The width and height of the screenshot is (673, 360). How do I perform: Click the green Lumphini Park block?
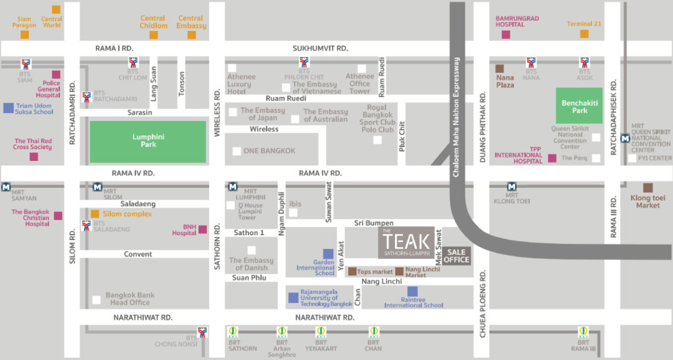[148, 140]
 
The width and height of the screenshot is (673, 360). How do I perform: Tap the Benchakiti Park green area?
[579, 106]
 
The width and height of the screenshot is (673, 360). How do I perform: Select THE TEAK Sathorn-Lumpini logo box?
[406, 242]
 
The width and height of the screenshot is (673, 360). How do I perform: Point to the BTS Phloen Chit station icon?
[304, 64]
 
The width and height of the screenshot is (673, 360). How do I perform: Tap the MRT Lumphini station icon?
[233, 187]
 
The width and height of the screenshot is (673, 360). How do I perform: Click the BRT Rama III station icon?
[583, 331]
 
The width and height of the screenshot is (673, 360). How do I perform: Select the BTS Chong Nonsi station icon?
[202, 332]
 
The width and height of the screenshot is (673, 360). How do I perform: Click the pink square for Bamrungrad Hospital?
[505, 34]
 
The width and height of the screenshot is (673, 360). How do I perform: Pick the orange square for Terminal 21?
[584, 34]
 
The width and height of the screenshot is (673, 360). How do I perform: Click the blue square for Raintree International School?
[412, 291]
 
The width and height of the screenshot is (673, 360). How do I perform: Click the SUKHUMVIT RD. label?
[320, 49]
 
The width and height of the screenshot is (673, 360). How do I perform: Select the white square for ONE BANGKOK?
[237, 151]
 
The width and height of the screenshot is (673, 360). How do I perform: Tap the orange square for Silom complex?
[95, 214]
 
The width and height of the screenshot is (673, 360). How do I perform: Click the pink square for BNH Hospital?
[202, 229]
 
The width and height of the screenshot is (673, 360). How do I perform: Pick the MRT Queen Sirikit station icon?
[624, 138]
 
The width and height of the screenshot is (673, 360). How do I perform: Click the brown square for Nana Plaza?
[500, 68]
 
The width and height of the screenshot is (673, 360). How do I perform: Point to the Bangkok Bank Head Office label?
[130, 299]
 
